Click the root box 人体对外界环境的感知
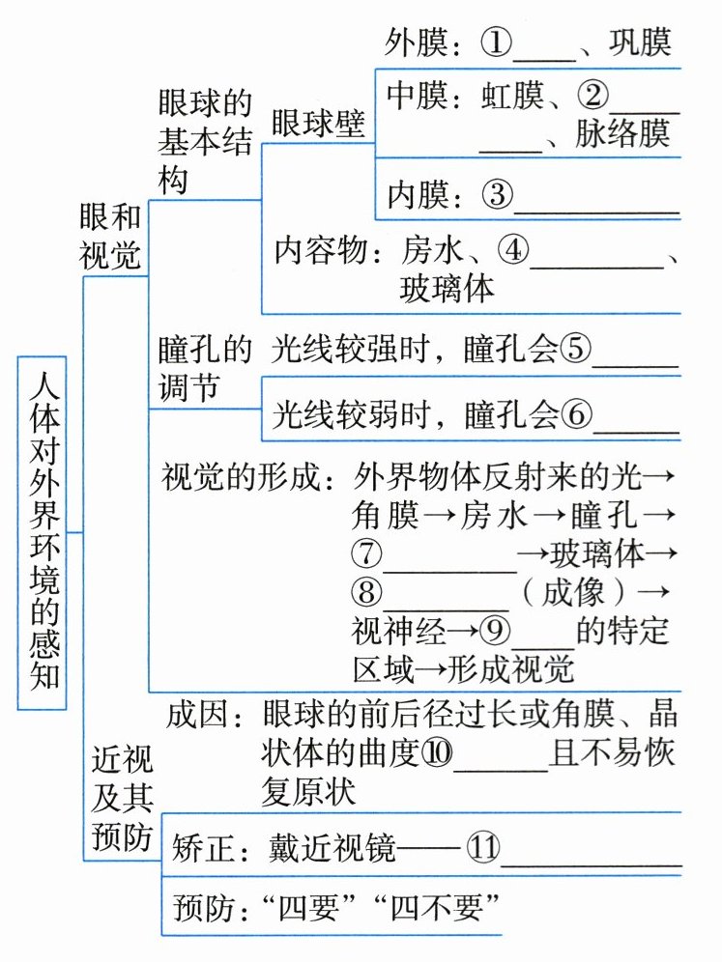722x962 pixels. pyautogui.click(x=43, y=531)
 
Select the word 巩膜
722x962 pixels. pyautogui.click(x=639, y=42)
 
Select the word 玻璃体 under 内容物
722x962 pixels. pyautogui.click(x=447, y=287)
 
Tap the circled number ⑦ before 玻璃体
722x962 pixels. pyautogui.click(x=369, y=553)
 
